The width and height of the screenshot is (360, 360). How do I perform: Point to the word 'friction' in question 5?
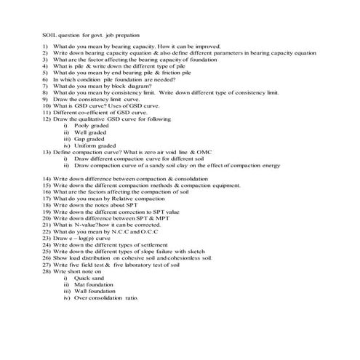tap(157, 73)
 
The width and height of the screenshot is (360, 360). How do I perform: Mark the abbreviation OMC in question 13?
tap(201, 151)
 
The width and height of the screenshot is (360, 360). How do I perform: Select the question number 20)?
tap(46, 217)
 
